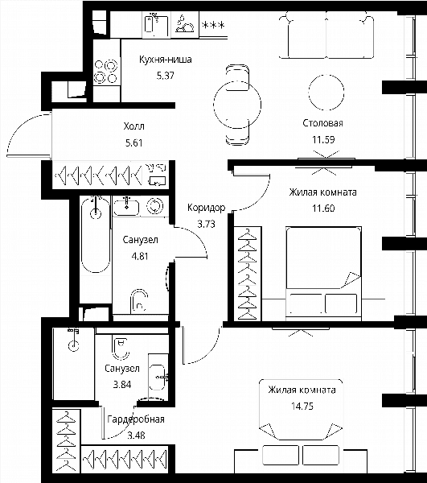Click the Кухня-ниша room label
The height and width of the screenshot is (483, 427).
tap(166, 59)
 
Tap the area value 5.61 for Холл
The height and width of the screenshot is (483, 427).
tap(133, 143)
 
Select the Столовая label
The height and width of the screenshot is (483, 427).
tap(322, 123)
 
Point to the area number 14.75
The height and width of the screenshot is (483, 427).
tap(302, 406)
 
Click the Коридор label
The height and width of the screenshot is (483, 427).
tap(206, 208)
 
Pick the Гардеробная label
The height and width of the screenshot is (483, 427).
tap(136, 419)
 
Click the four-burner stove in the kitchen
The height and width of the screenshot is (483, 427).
tap(106, 72)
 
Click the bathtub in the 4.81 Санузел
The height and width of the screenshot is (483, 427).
tap(96, 235)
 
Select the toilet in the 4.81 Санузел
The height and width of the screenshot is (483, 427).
tap(139, 300)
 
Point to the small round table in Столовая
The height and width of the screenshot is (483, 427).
tap(326, 93)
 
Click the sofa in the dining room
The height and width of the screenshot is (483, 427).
tap(326, 35)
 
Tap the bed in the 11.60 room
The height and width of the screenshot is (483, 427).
tap(323, 274)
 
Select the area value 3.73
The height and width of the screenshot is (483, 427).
tap(206, 224)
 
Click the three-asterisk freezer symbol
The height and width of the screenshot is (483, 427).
tap(212, 25)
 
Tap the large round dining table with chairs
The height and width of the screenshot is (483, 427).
tap(237, 105)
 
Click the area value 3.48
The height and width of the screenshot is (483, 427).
tap(136, 436)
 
